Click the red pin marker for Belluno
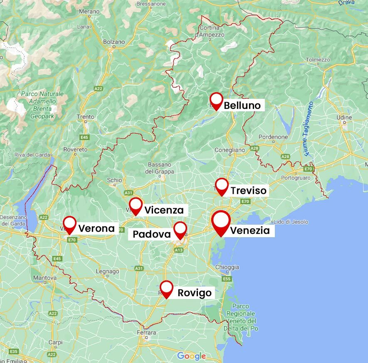(216, 101)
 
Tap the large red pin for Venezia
(221, 222)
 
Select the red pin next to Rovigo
(166, 288)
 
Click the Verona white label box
(96, 228)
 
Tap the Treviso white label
(249, 191)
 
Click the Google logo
(191, 356)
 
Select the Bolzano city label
(114, 42)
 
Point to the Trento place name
(86, 117)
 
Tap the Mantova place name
(44, 277)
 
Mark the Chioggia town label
(227, 267)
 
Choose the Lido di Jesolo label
(290, 222)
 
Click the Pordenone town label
(273, 137)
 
